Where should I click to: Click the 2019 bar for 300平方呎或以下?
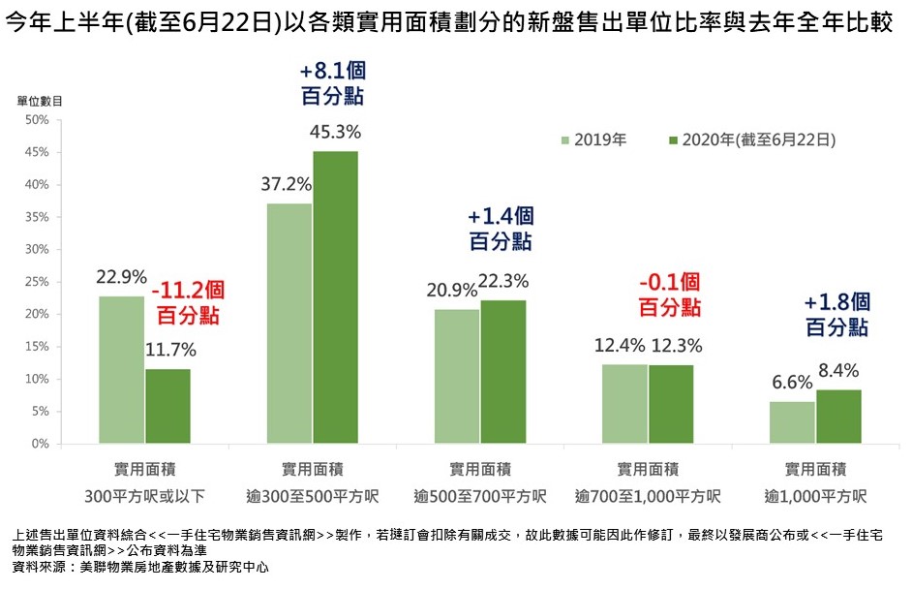pos(122,369)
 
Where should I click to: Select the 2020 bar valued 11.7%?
pos(168,406)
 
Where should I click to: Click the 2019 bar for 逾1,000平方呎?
pos(792,422)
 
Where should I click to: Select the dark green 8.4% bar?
pos(838,417)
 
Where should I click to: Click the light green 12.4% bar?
pos(624,403)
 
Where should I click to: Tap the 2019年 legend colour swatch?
pos(565,139)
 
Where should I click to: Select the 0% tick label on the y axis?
pos(40,444)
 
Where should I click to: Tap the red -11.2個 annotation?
pos(188,289)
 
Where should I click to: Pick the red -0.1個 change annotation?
pos(669,283)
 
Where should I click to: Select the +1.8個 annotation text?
pos(836,302)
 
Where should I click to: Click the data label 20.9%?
pos(450,289)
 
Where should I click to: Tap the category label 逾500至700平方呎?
pos(479,497)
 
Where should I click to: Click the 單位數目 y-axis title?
pos(40,101)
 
